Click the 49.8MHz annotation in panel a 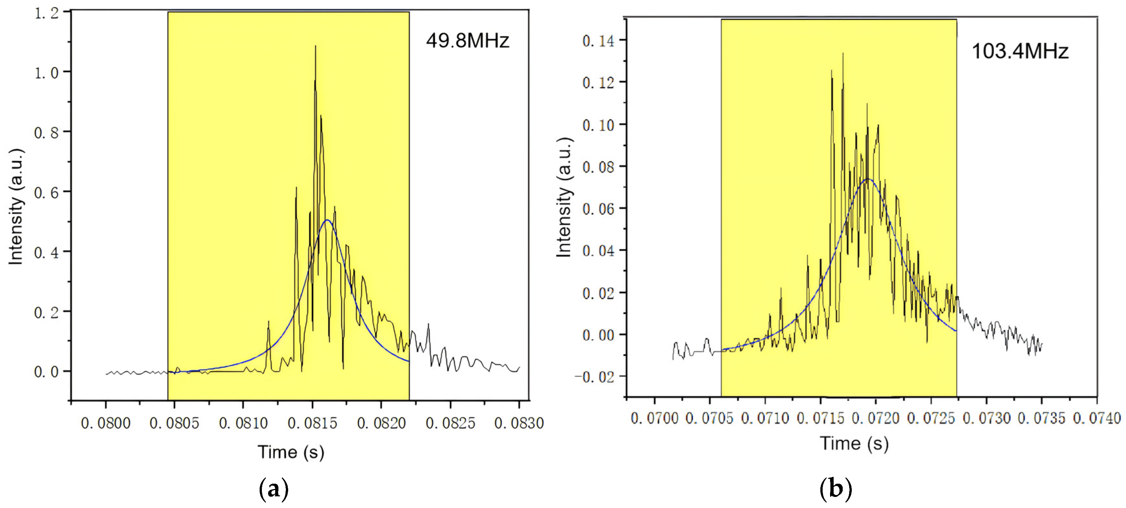tap(467, 41)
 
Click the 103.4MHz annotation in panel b tap(1019, 51)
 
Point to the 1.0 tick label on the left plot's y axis tap(46, 73)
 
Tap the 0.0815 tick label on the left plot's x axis tap(312, 423)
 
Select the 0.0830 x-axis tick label tap(519, 423)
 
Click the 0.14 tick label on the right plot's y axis tap(598, 41)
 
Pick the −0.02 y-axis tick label tap(594, 377)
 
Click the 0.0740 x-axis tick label tap(1097, 419)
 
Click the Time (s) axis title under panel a tap(291, 452)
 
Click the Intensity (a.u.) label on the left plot tap(16, 207)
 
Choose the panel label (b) tap(835, 488)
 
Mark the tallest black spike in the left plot tap(316, 46)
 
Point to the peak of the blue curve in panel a tap(327, 220)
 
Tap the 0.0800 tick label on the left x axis tap(105, 423)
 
